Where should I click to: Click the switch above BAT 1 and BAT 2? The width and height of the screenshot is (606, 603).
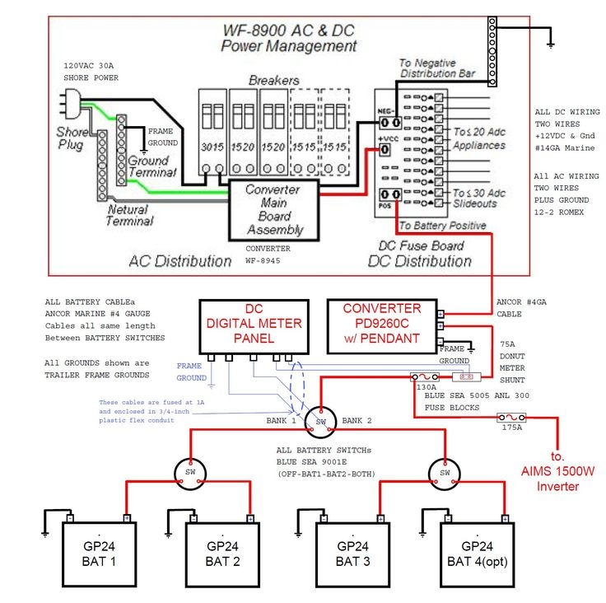[x=189, y=473]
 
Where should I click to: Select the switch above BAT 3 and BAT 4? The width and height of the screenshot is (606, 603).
[x=443, y=473]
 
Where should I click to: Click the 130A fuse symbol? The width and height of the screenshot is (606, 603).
[x=426, y=377]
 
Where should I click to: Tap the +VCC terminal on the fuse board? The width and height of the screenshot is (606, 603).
[x=386, y=151]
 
